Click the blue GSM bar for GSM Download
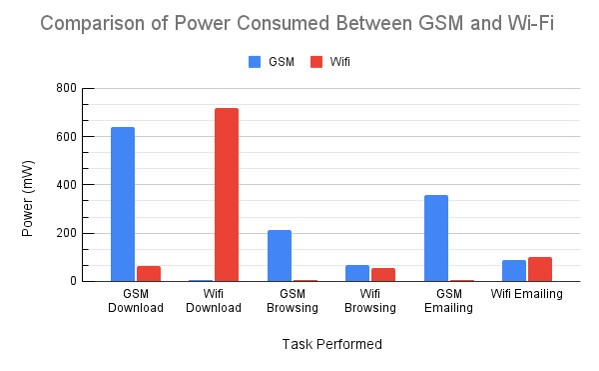pyautogui.click(x=123, y=204)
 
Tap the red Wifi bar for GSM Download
pyautogui.click(x=149, y=273)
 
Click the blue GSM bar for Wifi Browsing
pyautogui.click(x=357, y=273)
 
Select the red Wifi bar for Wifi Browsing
pyautogui.click(x=383, y=275)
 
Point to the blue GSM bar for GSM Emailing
pyautogui.click(x=436, y=238)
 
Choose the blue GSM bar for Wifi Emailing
pyautogui.click(x=514, y=271)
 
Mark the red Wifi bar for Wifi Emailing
pyautogui.click(x=540, y=269)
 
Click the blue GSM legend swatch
pyautogui.click(x=254, y=61)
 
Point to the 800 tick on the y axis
pyautogui.click(x=65, y=88)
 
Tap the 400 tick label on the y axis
pyautogui.click(x=65, y=185)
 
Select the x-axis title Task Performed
pyautogui.click(x=331, y=344)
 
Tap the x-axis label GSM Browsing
pyautogui.click(x=293, y=300)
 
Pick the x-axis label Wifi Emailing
pyautogui.click(x=526, y=294)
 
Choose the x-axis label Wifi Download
pyautogui.click(x=215, y=300)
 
